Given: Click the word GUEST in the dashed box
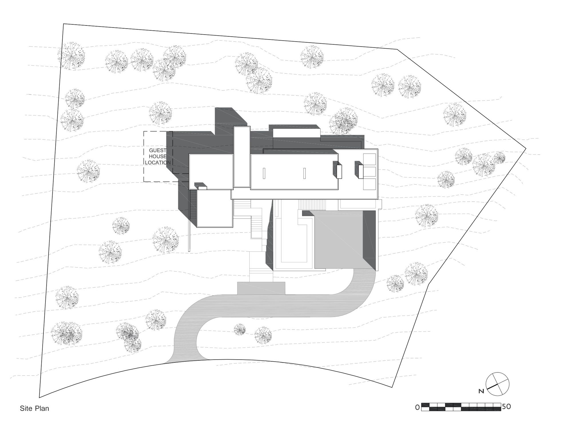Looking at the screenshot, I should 158,150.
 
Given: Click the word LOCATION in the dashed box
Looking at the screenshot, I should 158,162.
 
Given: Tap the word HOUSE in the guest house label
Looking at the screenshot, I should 158,156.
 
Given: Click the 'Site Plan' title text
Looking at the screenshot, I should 34,408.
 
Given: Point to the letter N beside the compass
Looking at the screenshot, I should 481,391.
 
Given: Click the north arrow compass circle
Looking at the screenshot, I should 498,384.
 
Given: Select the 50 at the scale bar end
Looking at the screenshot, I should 506,407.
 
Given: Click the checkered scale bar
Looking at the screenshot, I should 461,407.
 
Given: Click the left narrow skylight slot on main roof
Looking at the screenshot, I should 264,173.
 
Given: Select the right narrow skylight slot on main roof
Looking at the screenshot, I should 305,173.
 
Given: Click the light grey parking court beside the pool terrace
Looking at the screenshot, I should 339,240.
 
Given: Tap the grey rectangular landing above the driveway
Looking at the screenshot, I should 261,288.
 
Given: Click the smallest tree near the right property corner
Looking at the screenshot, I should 500,157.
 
